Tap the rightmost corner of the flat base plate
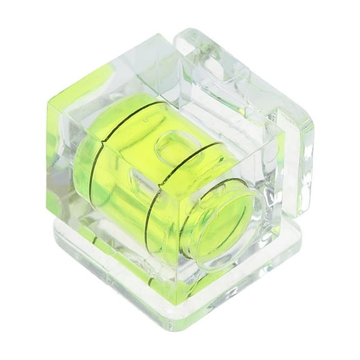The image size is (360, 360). (x=301, y=241)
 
